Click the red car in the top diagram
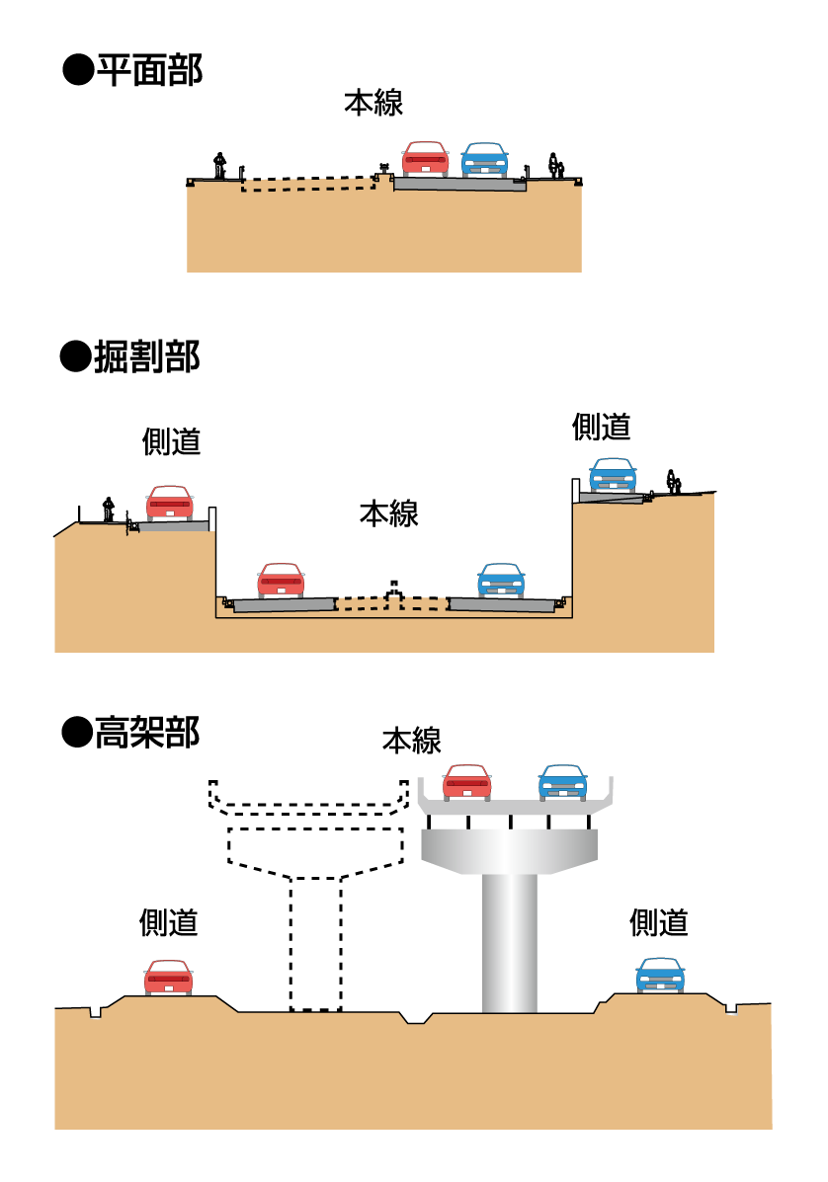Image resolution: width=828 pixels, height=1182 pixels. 426,159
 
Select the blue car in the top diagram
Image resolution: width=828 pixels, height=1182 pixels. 485,160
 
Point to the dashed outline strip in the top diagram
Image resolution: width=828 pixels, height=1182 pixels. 308,185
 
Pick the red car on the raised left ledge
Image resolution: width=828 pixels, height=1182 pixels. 170,504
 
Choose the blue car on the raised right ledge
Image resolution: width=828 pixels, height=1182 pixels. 613,475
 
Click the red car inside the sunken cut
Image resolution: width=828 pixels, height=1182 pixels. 282,581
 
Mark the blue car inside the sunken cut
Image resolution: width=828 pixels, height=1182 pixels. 501,581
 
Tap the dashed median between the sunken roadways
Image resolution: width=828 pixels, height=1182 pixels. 391,603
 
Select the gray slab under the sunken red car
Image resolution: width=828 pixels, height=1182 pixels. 284,605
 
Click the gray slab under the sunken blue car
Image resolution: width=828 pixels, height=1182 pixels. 502,604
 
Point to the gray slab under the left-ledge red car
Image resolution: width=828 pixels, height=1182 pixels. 173,527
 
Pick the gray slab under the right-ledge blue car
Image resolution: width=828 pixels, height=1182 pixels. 611,498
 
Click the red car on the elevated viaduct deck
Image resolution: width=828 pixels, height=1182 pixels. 467,782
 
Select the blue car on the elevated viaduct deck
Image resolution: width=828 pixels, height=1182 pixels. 563,782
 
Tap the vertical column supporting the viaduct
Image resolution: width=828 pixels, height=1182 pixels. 510,943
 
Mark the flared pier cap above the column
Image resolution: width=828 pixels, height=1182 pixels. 509,849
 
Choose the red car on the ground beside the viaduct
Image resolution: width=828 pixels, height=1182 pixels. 169,978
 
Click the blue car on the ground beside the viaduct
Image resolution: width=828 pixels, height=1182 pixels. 660,976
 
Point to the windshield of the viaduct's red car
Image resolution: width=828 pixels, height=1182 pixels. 467,771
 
